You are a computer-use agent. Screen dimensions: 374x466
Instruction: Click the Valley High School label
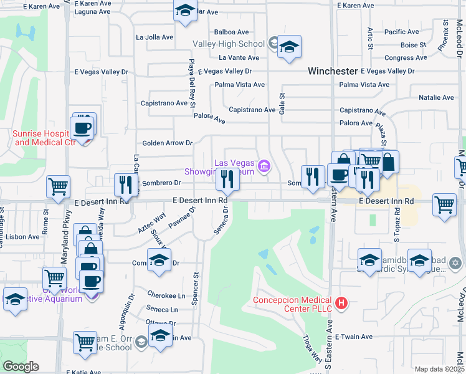click(x=229, y=44)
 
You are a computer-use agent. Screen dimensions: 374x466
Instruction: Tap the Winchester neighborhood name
click(x=333, y=72)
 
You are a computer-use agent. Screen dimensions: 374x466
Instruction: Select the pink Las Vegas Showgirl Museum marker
click(x=265, y=166)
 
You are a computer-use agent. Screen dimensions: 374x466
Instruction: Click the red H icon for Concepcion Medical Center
click(x=341, y=304)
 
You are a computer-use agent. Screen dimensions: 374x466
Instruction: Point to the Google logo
click(x=21, y=367)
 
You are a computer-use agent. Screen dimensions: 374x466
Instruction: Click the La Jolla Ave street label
click(x=155, y=37)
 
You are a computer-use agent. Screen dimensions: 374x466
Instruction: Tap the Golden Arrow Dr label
click(x=167, y=143)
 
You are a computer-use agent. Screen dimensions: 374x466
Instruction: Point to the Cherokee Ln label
click(x=166, y=295)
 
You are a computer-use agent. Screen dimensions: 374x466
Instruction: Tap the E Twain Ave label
click(x=353, y=337)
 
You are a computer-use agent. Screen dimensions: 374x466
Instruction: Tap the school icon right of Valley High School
click(x=288, y=47)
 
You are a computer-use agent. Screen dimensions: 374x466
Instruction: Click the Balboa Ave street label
click(x=231, y=32)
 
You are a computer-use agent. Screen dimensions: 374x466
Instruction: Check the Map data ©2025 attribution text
click(x=439, y=369)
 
